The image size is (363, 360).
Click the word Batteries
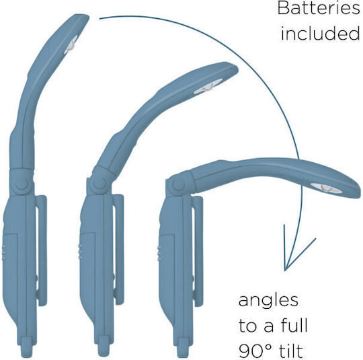point(319,9)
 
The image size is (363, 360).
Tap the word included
point(321,34)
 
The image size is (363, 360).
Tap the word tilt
point(291,351)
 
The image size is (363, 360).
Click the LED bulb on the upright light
point(71,44)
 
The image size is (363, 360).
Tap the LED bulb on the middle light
point(208,86)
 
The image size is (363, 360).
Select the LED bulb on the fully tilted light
point(326,188)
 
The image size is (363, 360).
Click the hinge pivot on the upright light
point(22,184)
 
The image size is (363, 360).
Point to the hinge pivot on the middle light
point(99,184)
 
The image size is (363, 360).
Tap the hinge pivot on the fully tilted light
point(179,185)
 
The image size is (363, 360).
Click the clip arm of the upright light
point(42,250)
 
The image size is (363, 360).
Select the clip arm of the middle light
point(119,249)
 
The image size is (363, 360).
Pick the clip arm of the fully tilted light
point(198,251)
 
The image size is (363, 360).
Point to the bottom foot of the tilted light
point(183,347)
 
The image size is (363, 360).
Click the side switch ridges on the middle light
point(80,251)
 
